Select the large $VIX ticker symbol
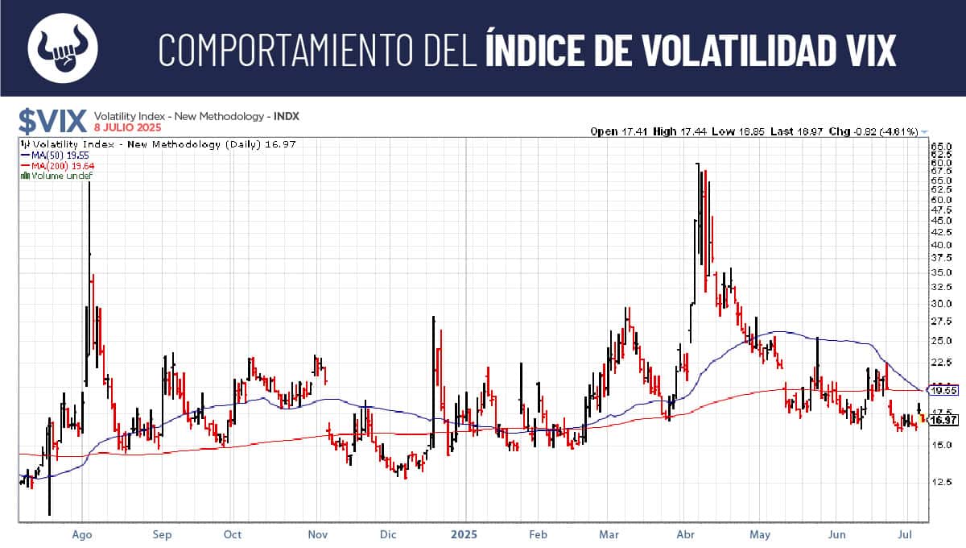click(52, 122)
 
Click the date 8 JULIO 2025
click(127, 128)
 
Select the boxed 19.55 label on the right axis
click(943, 390)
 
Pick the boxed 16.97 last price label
click(943, 420)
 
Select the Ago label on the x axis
click(81, 533)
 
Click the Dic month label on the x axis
click(388, 533)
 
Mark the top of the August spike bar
click(89, 184)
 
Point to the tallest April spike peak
click(697, 164)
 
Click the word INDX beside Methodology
click(287, 116)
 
